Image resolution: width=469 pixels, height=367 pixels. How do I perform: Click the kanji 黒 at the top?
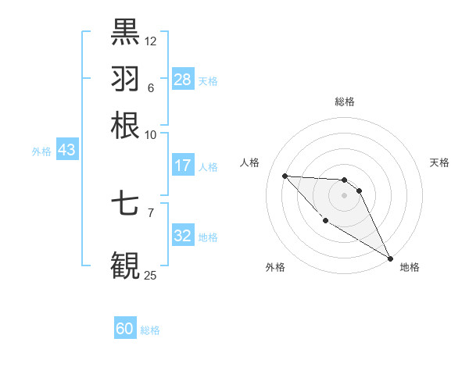(125, 32)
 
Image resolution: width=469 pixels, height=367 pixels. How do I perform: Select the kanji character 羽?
(125, 78)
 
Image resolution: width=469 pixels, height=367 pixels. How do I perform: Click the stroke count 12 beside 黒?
(151, 41)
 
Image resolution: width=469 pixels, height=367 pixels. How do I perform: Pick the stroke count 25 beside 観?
(151, 275)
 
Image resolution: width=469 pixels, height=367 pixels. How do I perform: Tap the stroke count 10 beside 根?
(151, 134)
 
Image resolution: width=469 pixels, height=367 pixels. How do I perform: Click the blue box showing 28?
(182, 80)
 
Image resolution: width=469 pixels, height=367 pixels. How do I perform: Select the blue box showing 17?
(182, 166)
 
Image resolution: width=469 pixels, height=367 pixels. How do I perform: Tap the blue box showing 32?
(182, 236)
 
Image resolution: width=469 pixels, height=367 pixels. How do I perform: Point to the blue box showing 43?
(66, 150)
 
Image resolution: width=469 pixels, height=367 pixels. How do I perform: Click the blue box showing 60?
(125, 329)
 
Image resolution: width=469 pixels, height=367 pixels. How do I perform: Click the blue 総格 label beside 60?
(150, 330)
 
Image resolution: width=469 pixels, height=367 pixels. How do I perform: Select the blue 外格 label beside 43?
(41, 151)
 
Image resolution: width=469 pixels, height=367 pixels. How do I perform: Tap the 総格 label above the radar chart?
(344, 102)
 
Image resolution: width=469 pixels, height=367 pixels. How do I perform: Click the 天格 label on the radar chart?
(439, 162)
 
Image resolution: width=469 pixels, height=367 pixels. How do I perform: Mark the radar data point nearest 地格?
(390, 258)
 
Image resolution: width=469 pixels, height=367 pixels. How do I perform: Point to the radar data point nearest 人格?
(285, 176)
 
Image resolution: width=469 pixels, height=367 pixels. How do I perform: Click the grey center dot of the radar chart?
(344, 194)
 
